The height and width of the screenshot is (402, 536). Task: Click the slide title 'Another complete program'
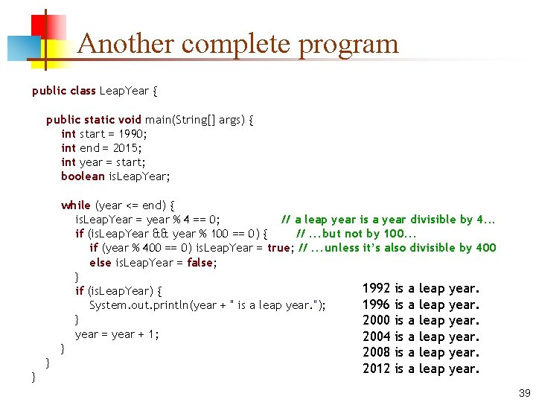tap(237, 44)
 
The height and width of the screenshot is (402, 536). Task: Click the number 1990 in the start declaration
tap(133, 134)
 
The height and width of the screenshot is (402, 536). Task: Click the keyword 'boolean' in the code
tap(83, 176)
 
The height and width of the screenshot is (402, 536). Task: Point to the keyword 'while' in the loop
tap(75, 205)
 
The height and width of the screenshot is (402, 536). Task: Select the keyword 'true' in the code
tap(279, 248)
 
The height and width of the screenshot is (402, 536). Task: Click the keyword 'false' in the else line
tap(200, 263)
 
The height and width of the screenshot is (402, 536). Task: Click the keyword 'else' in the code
tap(100, 263)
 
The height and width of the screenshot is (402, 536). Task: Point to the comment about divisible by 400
tap(397, 248)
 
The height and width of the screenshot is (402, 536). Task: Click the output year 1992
tap(376, 288)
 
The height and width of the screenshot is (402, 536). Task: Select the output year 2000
tap(376, 321)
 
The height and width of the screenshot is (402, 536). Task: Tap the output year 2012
tap(376, 369)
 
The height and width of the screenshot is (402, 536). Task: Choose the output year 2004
tap(376, 337)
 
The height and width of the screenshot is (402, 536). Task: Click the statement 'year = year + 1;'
tap(117, 334)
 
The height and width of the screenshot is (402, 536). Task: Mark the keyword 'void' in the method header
tap(130, 120)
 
